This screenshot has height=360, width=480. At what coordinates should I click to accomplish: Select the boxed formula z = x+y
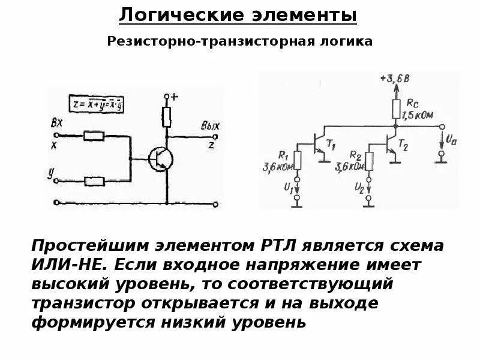pyautogui.click(x=101, y=103)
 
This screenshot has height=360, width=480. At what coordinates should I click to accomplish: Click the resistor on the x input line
pyautogui.click(x=95, y=136)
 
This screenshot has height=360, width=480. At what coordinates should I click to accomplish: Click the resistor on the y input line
pyautogui.click(x=95, y=180)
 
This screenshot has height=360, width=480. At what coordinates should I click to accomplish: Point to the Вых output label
pyautogui.click(x=211, y=126)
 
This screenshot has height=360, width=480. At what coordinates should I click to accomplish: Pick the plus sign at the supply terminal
pyautogui.click(x=175, y=96)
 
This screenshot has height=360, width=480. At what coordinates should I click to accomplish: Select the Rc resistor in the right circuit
pyautogui.click(x=396, y=108)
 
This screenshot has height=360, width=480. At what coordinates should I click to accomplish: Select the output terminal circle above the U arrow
pyautogui.click(x=442, y=127)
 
